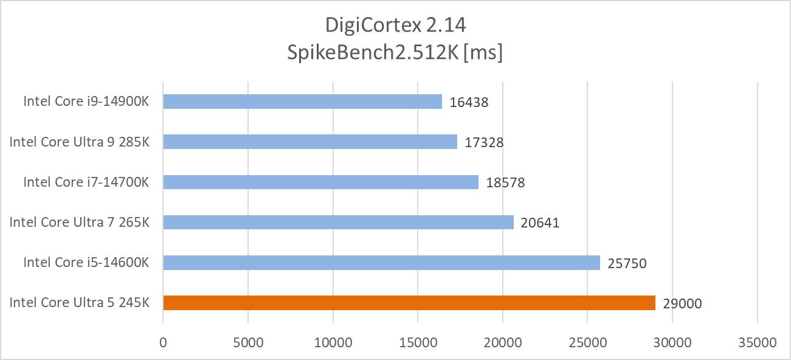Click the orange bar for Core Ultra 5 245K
point(409,303)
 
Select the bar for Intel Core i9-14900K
point(302,102)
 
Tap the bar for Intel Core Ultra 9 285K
point(310,142)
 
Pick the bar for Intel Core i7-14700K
point(320,182)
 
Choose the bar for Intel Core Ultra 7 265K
point(338,223)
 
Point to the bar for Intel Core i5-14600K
point(381,263)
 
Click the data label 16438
point(469,102)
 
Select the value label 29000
point(682,303)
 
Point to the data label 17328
point(484,142)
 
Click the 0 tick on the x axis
point(163,342)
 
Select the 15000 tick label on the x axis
point(418,342)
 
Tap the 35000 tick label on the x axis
point(757,342)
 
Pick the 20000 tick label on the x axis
point(503,342)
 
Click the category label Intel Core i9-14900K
point(86,101)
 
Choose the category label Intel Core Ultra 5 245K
point(79,302)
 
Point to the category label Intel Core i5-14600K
point(86,262)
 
